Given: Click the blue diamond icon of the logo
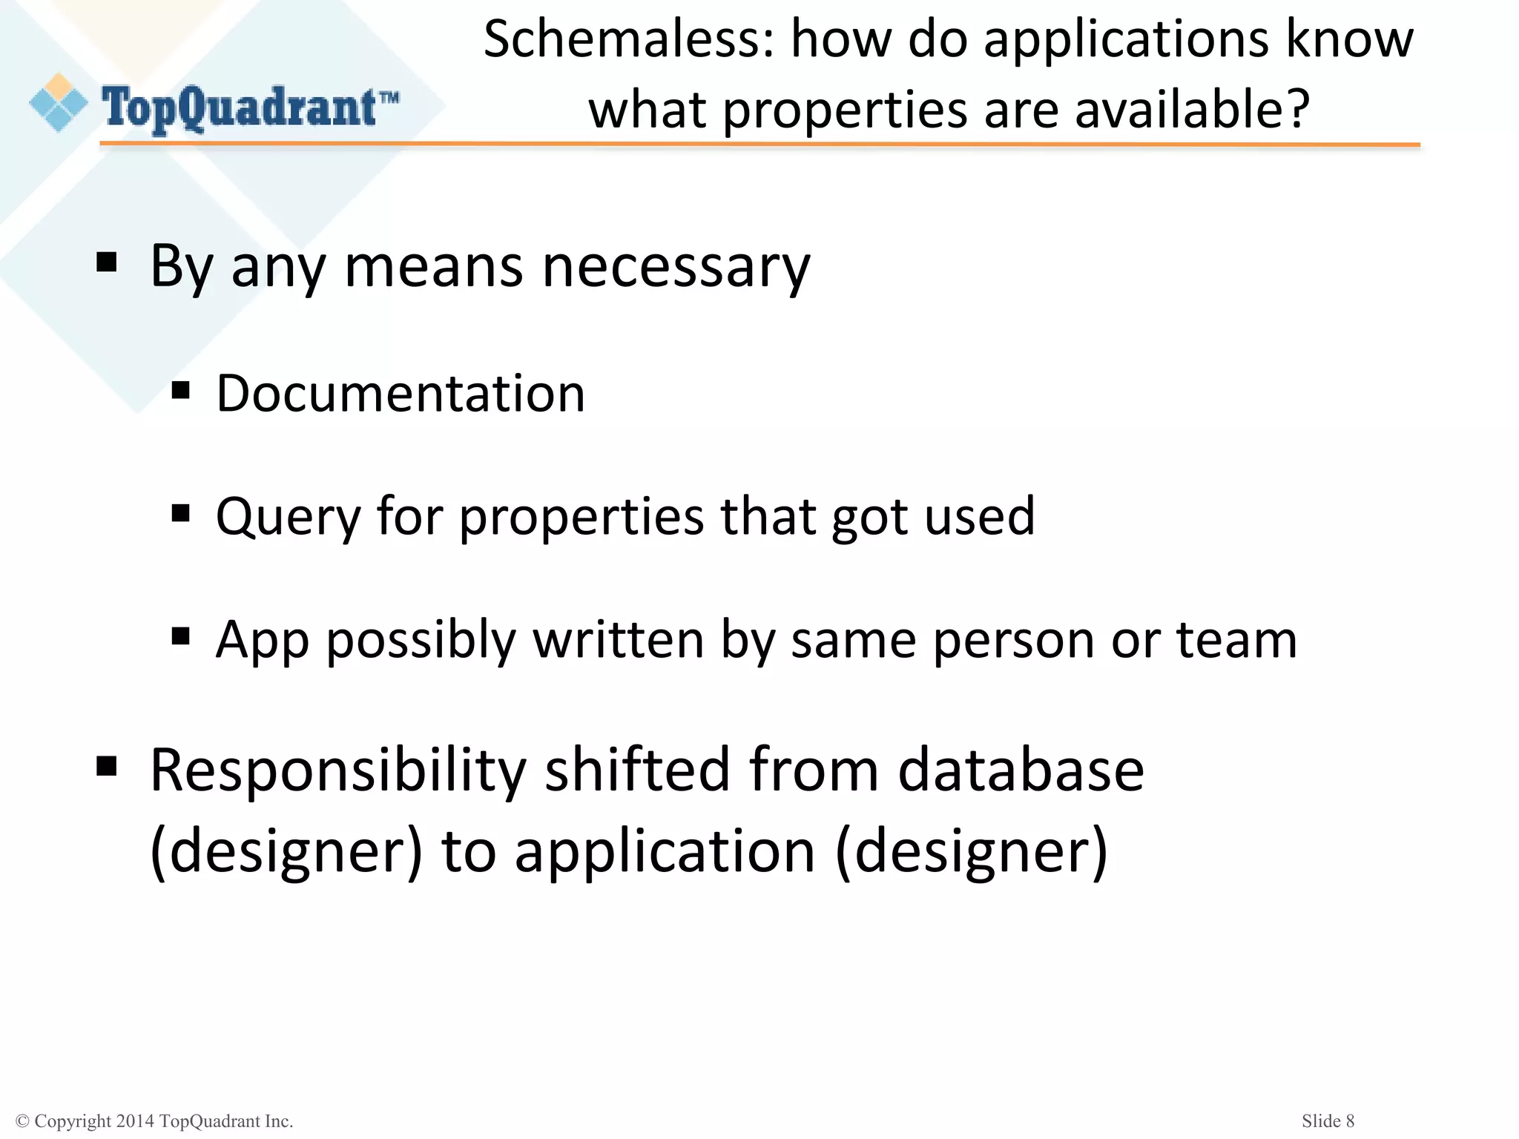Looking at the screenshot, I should pos(58,104).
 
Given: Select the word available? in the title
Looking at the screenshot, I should pos(1192,110).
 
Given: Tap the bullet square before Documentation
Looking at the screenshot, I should pos(180,390).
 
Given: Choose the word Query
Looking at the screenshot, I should pos(287,516).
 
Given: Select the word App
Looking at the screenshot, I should pos(261,639).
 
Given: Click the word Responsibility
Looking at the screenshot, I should pos(337,771).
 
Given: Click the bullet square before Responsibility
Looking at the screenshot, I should pos(107,766).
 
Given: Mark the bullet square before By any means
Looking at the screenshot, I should pos(107,263).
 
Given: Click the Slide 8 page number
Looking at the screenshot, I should pos(1328,1120).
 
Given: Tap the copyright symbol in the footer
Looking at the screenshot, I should pos(22,1121).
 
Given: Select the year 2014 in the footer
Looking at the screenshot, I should pos(135,1121).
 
